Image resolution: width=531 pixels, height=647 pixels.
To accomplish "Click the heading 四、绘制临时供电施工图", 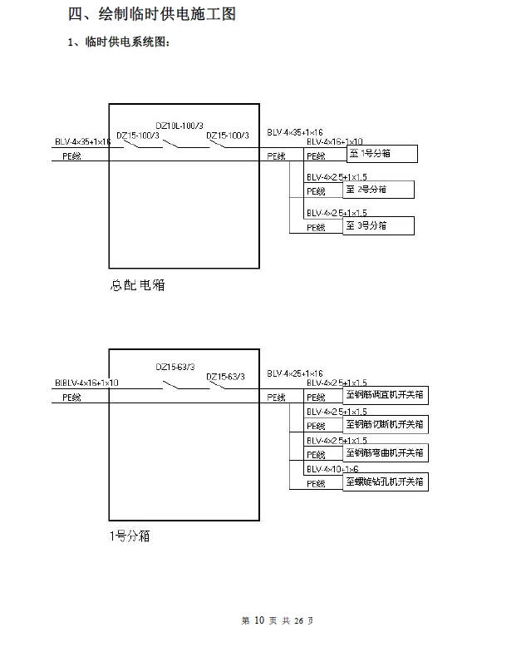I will [157, 15].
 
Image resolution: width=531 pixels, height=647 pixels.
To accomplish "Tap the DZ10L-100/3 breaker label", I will [179, 126].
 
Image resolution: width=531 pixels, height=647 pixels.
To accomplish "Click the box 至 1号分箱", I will [380, 154].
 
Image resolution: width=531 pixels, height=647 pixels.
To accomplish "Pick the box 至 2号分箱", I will [377, 190].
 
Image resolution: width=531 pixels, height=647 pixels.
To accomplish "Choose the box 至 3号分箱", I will [377, 225].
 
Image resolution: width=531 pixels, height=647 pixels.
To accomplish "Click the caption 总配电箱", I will [137, 285].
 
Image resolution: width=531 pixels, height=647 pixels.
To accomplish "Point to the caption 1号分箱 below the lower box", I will [130, 536].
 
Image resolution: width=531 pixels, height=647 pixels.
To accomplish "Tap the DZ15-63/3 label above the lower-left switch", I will [175, 367].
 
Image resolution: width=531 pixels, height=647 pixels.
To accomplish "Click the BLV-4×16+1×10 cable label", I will [334, 142].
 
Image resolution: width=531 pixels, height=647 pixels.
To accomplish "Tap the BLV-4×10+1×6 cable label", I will [332, 470].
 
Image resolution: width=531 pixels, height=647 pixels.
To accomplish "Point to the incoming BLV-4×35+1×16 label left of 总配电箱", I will [82, 142].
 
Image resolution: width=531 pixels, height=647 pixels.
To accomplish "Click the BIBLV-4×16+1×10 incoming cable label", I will [86, 383].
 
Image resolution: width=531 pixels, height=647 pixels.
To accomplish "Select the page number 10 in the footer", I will [258, 620].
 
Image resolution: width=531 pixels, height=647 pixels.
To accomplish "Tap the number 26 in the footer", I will [300, 620].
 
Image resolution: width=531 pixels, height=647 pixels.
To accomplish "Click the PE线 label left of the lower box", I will [72, 398].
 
